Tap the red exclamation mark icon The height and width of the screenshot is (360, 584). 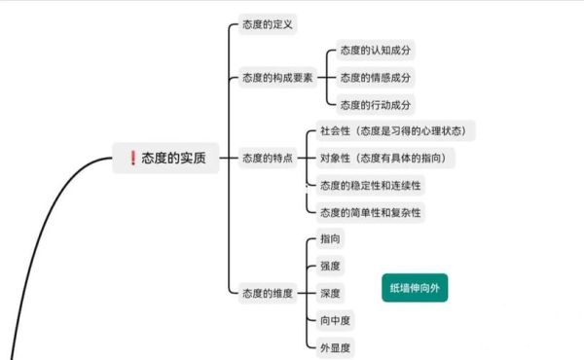(x=132, y=159)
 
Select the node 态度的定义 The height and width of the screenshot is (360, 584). (x=268, y=23)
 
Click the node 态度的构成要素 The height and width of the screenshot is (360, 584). (x=277, y=77)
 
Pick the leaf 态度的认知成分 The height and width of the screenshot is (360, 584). (x=375, y=51)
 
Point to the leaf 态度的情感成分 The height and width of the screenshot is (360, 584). (x=375, y=77)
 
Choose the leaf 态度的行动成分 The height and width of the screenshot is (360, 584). (x=375, y=104)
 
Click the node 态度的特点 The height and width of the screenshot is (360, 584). (x=268, y=158)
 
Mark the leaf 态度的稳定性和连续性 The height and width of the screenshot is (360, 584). (x=371, y=184)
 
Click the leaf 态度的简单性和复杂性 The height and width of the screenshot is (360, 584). (x=371, y=211)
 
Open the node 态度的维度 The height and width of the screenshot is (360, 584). (x=268, y=292)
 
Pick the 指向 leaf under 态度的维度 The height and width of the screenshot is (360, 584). (x=330, y=238)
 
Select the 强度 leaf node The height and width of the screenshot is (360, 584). (x=330, y=266)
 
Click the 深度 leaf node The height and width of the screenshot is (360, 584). (x=330, y=293)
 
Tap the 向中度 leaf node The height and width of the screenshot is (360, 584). (x=334, y=319)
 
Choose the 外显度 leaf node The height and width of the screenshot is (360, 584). (x=334, y=346)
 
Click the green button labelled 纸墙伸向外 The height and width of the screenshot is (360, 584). (x=415, y=288)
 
